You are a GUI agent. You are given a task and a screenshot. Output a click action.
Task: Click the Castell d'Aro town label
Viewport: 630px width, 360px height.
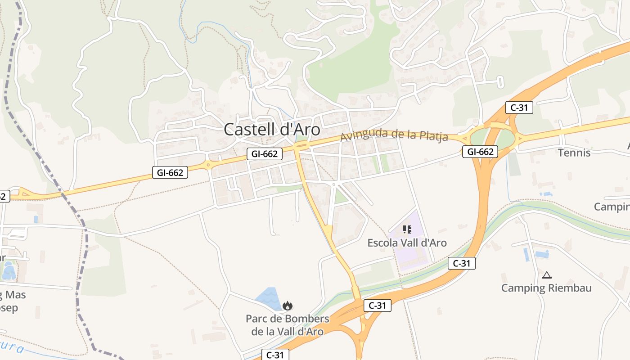tap(272, 130)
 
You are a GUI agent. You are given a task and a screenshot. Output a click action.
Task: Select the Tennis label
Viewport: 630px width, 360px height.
tap(574, 153)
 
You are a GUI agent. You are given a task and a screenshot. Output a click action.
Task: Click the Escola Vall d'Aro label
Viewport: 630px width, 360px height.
tap(407, 243)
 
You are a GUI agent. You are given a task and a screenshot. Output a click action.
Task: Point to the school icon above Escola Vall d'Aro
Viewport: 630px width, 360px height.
tap(407, 230)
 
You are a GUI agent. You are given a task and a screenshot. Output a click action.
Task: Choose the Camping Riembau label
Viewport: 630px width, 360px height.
tap(546, 288)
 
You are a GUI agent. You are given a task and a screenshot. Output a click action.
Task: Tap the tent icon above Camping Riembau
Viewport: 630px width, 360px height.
tap(547, 275)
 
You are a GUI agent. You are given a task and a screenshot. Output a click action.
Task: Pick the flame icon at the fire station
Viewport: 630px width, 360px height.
tap(287, 306)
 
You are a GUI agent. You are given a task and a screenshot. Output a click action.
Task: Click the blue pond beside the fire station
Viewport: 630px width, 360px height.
tap(269, 297)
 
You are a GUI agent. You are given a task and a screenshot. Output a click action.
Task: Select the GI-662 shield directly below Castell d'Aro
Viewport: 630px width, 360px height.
tap(264, 154)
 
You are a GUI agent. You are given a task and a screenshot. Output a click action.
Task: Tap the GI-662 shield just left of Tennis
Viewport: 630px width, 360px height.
tap(480, 152)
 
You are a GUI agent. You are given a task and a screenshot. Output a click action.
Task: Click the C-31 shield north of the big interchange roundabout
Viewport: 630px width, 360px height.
tap(519, 108)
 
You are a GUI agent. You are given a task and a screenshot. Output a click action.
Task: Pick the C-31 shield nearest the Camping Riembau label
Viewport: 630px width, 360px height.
tap(461, 263)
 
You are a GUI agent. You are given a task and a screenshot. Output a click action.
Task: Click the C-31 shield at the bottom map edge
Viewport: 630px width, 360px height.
tap(275, 355)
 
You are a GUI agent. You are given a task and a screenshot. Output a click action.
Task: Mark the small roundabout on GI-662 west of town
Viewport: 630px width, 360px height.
tap(208, 165)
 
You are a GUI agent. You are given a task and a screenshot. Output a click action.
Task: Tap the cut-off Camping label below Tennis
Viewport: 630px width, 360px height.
tap(612, 207)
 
